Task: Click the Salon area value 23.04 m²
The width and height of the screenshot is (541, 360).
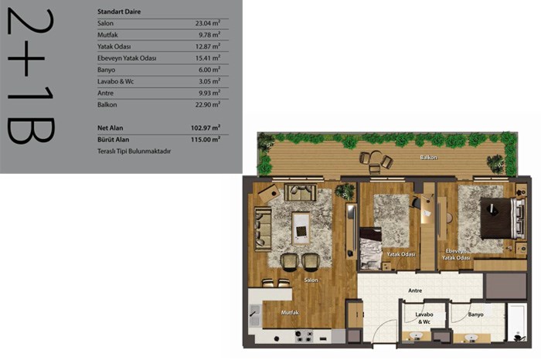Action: tap(208, 23)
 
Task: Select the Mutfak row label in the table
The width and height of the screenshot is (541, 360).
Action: tap(107, 35)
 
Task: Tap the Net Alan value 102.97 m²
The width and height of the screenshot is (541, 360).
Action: tap(206, 127)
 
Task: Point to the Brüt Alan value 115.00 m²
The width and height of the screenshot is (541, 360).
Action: tap(206, 139)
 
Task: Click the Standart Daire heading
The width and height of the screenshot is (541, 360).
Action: tap(119, 12)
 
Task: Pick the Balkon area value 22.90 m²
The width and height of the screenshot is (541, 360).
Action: tap(208, 104)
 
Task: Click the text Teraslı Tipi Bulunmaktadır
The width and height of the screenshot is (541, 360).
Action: tap(134, 151)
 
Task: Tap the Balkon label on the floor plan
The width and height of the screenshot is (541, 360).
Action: tap(428, 158)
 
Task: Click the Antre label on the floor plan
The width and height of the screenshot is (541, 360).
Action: tap(415, 290)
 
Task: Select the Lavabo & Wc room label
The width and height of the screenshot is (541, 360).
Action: tap(424, 318)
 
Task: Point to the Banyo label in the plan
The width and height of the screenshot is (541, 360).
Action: tap(475, 314)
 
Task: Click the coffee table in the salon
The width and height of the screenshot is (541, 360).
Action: tap(301, 228)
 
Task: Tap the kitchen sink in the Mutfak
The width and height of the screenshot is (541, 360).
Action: tap(254, 315)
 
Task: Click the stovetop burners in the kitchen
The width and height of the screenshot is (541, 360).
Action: tap(304, 336)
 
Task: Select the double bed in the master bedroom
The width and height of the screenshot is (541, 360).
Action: tap(502, 219)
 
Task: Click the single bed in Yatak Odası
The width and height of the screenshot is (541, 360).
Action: tap(370, 247)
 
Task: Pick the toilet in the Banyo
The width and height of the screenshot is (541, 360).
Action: tap(518, 336)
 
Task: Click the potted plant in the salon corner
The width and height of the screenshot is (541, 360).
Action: tap(345, 192)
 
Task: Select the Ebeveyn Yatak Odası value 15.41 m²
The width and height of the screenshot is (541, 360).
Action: tap(208, 58)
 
